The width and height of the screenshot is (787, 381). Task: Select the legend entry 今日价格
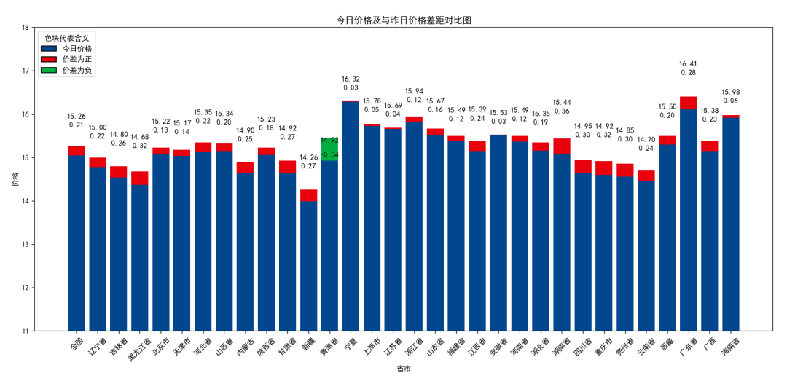pyautogui.click(x=77, y=48)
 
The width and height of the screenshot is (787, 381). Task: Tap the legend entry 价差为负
pyautogui.click(x=77, y=71)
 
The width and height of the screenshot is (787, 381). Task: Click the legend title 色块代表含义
pyautogui.click(x=67, y=37)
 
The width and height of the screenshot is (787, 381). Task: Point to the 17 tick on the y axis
pyautogui.click(x=26, y=71)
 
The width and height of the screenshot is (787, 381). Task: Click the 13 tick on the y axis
pyautogui.click(x=26, y=245)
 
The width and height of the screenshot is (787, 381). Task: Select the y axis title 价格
pyautogui.click(x=15, y=179)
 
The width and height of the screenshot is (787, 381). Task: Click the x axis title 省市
pyautogui.click(x=403, y=369)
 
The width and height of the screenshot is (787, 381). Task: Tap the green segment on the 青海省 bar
pyautogui.click(x=329, y=149)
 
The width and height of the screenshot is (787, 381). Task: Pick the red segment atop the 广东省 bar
pyautogui.click(x=688, y=103)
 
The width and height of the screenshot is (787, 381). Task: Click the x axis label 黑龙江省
pyautogui.click(x=139, y=348)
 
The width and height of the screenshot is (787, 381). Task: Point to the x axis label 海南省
pyautogui.click(x=730, y=346)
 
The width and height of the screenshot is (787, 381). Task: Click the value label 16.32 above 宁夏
pyautogui.click(x=351, y=79)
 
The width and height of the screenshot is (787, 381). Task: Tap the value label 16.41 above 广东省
pyautogui.click(x=688, y=63)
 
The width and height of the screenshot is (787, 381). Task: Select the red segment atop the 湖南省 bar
pyautogui.click(x=562, y=146)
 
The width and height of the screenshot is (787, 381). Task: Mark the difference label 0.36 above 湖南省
pyautogui.click(x=562, y=111)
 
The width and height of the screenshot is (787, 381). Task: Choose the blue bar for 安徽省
pyautogui.click(x=498, y=232)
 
